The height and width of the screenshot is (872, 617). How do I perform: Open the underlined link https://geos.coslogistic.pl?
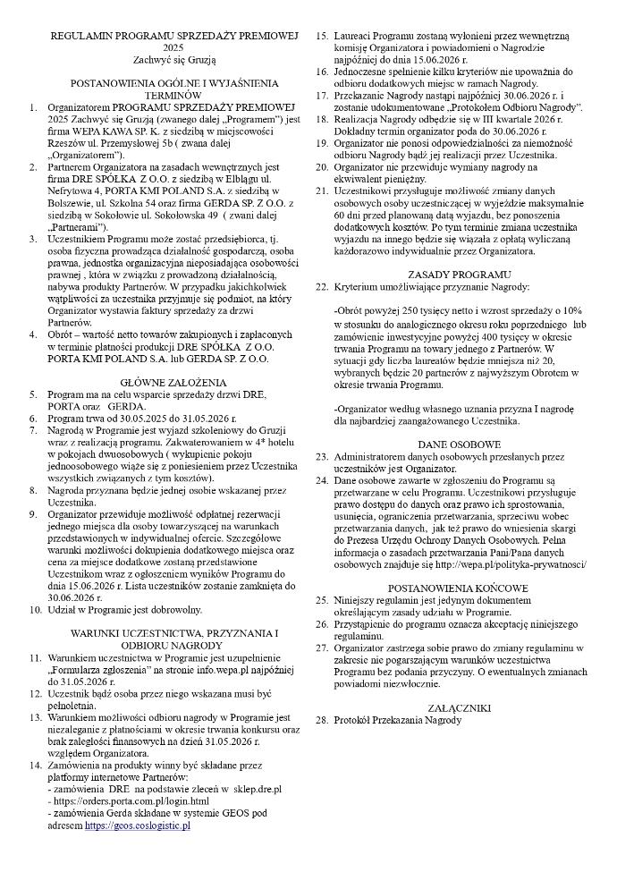tap(138, 825)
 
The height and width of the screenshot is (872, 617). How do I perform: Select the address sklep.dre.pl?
tap(253, 789)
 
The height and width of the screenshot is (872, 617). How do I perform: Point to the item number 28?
tap(321, 720)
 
